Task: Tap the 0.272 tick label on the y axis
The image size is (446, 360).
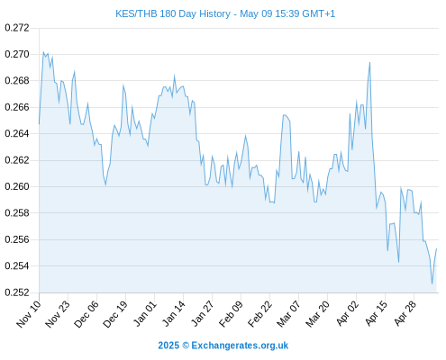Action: (x=17, y=28)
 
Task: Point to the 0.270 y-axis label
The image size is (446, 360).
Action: (x=17, y=54)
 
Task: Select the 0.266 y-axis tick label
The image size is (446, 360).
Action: (x=17, y=107)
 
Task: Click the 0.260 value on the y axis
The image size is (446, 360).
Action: (x=17, y=186)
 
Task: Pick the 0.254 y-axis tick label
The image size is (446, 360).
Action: (x=17, y=265)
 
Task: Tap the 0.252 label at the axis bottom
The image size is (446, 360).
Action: (x=17, y=292)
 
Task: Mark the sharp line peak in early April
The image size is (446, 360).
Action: (x=369, y=62)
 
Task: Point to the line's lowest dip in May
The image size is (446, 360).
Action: (x=432, y=283)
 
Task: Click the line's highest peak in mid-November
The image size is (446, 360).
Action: (x=43, y=51)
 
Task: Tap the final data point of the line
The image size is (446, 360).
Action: (x=436, y=248)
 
